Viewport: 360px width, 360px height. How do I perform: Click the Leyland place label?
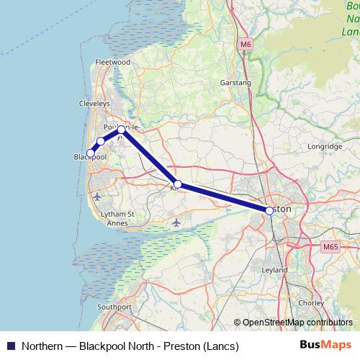pyautogui.click(x=276, y=270)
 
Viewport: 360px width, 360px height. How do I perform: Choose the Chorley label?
pyautogui.click(x=311, y=303)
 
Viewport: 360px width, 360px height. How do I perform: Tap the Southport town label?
pyautogui.click(x=114, y=307)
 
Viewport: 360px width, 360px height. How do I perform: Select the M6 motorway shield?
pyautogui.click(x=246, y=45)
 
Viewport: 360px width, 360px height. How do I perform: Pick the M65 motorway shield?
pyautogui.click(x=330, y=247)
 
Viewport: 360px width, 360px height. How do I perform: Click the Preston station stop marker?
pyautogui.click(x=269, y=211)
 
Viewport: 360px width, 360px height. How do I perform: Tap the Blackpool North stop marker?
pyautogui.click(x=91, y=153)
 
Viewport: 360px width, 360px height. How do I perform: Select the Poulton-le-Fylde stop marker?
pyautogui.click(x=122, y=130)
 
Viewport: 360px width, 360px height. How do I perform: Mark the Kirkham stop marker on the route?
pyautogui.click(x=177, y=184)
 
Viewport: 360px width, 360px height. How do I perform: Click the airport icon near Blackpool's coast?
pyautogui.click(x=97, y=196)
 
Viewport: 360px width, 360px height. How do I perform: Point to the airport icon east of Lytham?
pyautogui.click(x=176, y=222)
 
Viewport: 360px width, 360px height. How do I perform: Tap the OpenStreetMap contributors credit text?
pyautogui.click(x=297, y=323)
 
